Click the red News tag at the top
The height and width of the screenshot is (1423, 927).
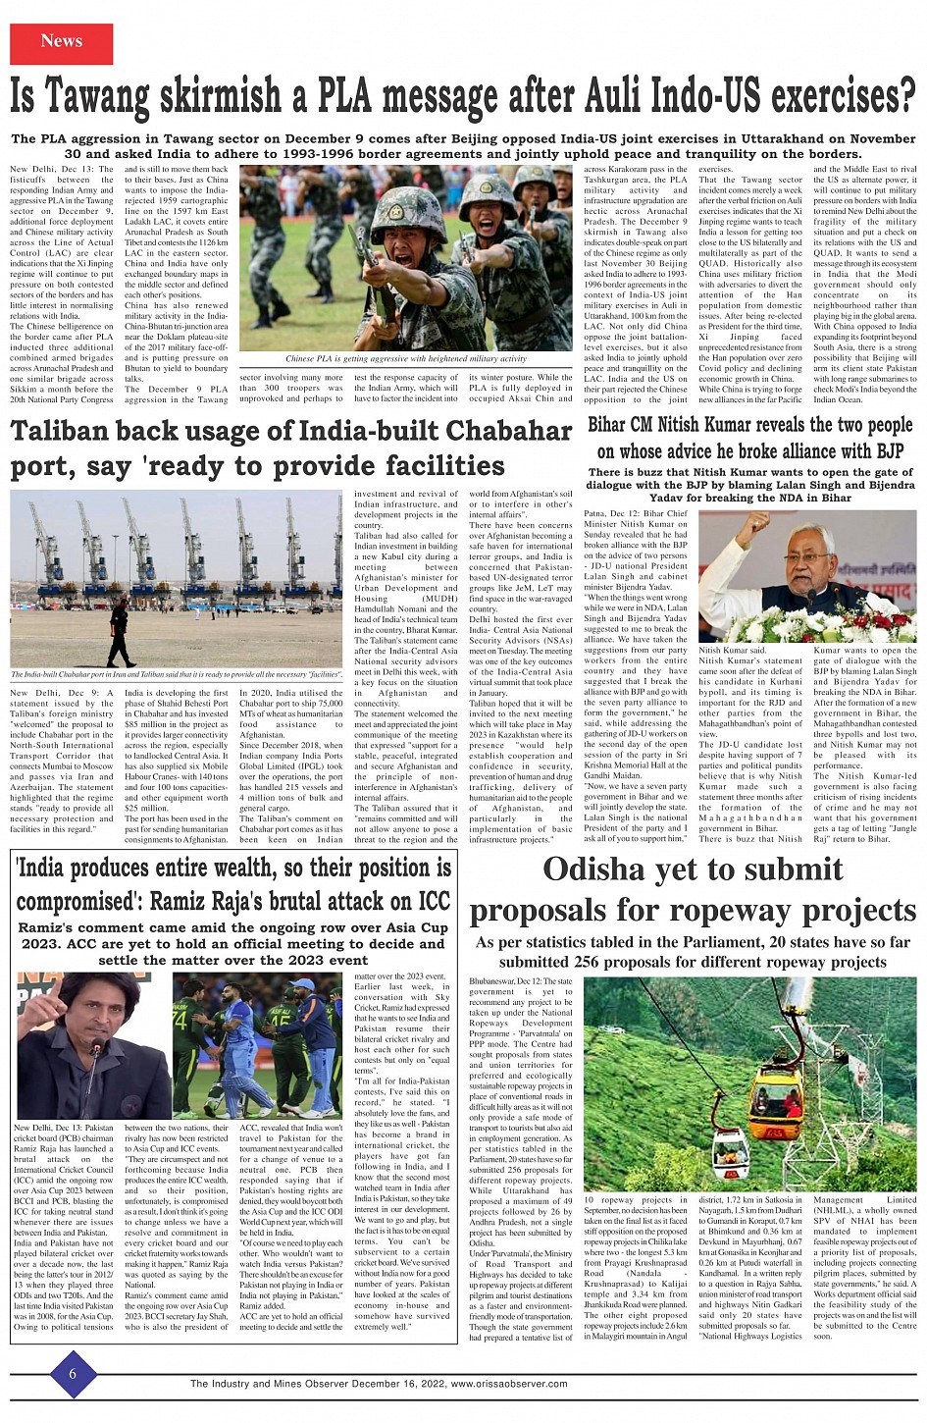point(61,42)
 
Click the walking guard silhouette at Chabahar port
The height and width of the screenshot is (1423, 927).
point(117,632)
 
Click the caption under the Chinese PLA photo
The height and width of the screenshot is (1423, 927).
point(405,359)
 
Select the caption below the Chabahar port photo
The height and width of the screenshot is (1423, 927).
point(177,675)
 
